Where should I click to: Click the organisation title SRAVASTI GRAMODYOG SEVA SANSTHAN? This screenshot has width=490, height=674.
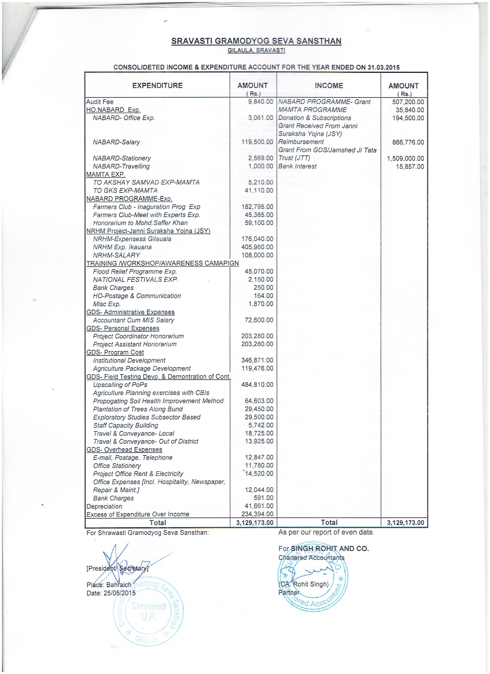pos(256,41)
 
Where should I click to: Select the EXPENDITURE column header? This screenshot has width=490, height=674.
pos(157,86)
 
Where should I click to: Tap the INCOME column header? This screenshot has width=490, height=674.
pos(329,86)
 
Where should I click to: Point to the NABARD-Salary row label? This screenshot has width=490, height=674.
pos(116,142)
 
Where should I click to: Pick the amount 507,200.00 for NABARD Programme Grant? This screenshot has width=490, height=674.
pos(408,102)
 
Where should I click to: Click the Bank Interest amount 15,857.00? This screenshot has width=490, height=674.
pos(410,166)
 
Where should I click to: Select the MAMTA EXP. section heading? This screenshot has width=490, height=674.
pos(106,174)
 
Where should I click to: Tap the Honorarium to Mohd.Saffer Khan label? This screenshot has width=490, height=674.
pos(140,223)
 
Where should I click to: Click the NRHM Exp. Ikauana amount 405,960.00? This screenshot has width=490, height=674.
pos(257,247)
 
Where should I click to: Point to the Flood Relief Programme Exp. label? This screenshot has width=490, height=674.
pos(135,272)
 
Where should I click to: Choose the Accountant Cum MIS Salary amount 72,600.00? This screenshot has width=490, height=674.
pos(259,320)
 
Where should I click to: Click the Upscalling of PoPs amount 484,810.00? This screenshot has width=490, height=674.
pos(257,385)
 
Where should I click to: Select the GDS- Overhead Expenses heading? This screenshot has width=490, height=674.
pos(124,450)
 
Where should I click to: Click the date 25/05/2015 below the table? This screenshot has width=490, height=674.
pos(119,593)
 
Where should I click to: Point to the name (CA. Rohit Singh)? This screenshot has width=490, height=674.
pos(304,584)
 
